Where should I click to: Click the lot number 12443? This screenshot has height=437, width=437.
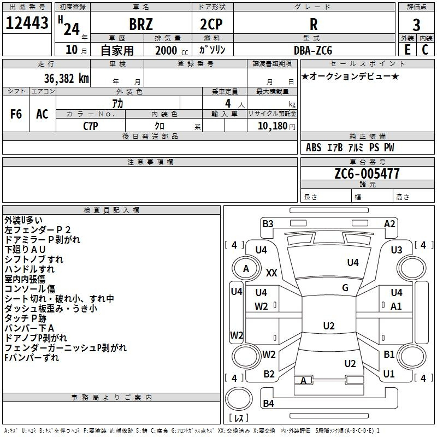(x=27, y=23)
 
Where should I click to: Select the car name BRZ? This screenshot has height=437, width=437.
(x=140, y=25)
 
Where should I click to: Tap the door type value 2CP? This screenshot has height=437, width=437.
(x=212, y=25)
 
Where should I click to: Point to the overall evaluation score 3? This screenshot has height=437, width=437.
(x=416, y=25)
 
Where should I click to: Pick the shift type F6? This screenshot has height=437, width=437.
(x=16, y=114)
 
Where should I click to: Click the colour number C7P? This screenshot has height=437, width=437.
(x=91, y=126)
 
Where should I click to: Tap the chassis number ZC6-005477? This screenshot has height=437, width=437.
(x=367, y=174)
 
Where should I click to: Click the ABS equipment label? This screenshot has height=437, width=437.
(x=314, y=147)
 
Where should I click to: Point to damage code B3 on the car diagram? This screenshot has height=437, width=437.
(x=268, y=223)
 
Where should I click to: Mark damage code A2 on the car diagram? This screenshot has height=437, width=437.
(x=389, y=223)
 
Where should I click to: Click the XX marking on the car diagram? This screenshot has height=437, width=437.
(x=271, y=273)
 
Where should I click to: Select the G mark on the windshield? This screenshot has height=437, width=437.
(x=345, y=288)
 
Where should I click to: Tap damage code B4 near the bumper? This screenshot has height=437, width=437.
(x=268, y=404)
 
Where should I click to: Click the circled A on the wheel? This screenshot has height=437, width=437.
(x=246, y=268)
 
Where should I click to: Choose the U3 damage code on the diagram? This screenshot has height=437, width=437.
(x=397, y=250)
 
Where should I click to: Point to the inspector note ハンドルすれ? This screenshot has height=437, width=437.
(x=29, y=269)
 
